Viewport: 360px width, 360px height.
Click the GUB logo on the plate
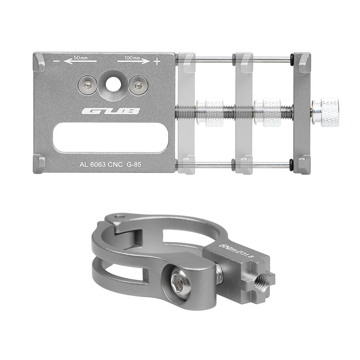(111, 111)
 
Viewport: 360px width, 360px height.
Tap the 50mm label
(81, 58)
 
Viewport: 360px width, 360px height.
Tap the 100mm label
(132, 58)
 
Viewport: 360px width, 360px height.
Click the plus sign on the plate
(157, 62)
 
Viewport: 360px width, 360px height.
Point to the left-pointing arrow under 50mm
(80, 62)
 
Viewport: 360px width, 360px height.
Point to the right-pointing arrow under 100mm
(134, 61)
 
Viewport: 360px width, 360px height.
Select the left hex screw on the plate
(87, 85)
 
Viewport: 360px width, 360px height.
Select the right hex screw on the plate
(138, 85)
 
